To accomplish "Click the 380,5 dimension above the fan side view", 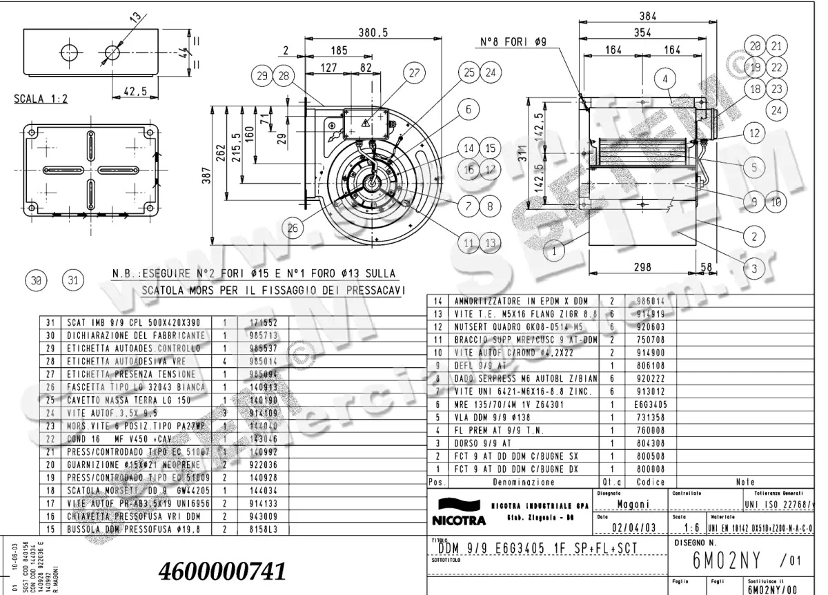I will [x=372, y=32].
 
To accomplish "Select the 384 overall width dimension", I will [x=647, y=17].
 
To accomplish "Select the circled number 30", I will [x=35, y=280].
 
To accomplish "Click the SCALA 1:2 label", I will [x=41, y=98].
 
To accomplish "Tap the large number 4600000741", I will [x=221, y=571].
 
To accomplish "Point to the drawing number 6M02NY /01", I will [x=741, y=561].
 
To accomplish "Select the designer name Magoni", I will [x=635, y=504].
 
